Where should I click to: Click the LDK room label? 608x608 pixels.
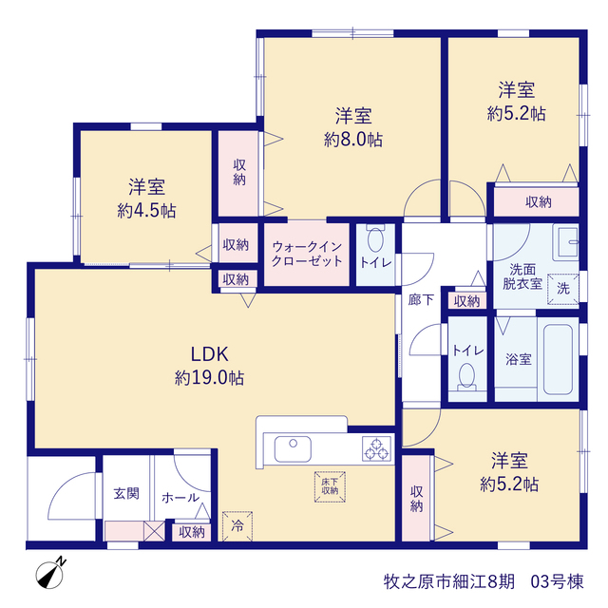click(x=209, y=354)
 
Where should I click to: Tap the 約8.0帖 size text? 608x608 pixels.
click(x=353, y=140)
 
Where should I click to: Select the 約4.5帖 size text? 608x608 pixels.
click(x=146, y=211)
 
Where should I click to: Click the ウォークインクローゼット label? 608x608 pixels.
click(x=307, y=254)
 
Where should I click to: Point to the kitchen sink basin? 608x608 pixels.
click(x=293, y=448)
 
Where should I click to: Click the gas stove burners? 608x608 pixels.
click(x=376, y=448)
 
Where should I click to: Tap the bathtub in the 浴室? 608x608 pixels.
click(x=558, y=359)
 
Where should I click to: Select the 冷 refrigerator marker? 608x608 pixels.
click(x=237, y=526)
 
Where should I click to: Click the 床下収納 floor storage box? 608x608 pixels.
click(x=330, y=486)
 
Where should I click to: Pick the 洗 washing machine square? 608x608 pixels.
click(x=563, y=289)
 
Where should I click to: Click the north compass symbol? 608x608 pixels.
click(x=50, y=573)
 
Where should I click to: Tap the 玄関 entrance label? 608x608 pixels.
click(x=126, y=494)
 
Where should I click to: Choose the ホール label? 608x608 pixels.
click(x=180, y=498)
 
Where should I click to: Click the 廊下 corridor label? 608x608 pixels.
click(x=421, y=300)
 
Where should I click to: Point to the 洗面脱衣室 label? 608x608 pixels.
click(x=522, y=276)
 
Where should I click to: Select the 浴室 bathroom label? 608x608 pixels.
click(x=519, y=359)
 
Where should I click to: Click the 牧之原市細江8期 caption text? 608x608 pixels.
click(x=449, y=581)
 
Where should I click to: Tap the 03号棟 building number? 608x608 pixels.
click(x=557, y=581)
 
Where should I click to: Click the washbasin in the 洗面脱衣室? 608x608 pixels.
click(x=566, y=242)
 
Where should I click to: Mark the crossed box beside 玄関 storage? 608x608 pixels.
click(x=154, y=531)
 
